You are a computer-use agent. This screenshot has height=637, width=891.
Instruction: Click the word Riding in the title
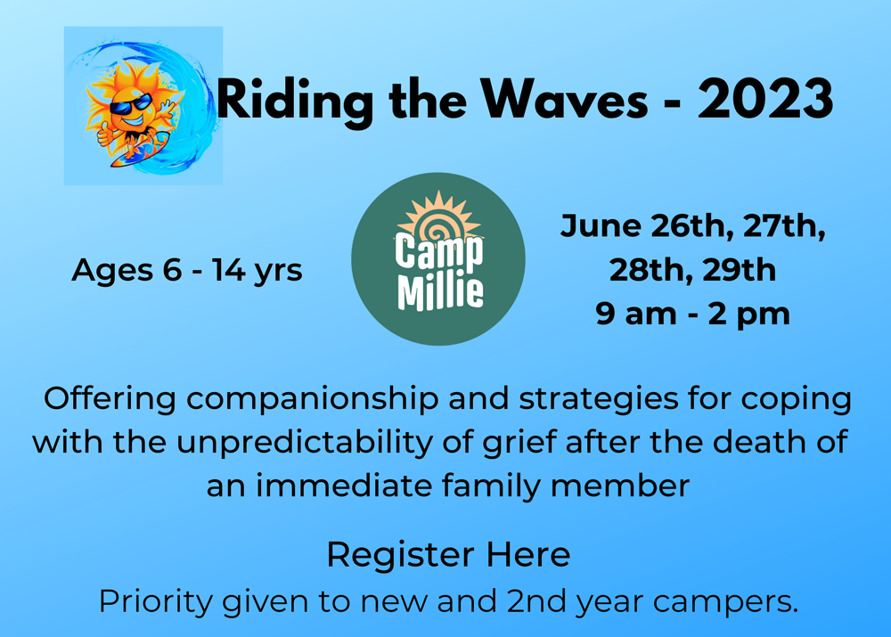(x=294, y=102)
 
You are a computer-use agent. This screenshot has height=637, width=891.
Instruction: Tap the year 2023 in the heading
(x=765, y=98)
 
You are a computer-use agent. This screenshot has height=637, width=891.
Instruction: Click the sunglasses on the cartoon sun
(x=131, y=104)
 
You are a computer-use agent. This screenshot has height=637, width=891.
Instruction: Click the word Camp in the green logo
(x=439, y=251)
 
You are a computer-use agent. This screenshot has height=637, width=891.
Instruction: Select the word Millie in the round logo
(x=440, y=292)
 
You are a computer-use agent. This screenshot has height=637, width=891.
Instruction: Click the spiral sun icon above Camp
(x=438, y=217)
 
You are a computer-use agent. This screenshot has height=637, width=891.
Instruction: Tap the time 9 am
(x=636, y=314)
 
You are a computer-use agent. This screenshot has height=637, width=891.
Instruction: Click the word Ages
(x=112, y=271)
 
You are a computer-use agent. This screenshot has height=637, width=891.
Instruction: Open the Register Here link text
(x=448, y=555)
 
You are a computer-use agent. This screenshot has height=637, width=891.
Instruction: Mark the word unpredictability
(x=305, y=443)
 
